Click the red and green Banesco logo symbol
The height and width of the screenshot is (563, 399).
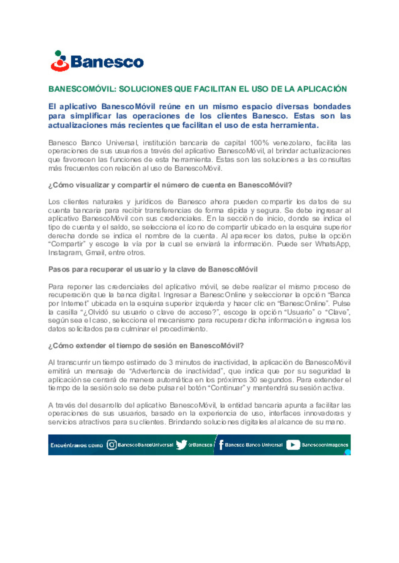click(x=60, y=61)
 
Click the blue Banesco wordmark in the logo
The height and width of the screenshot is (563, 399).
click(x=107, y=62)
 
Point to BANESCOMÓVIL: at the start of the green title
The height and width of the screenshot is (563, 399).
click(x=82, y=89)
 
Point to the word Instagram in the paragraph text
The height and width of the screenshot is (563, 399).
click(x=65, y=253)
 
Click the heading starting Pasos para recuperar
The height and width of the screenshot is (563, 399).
click(x=153, y=270)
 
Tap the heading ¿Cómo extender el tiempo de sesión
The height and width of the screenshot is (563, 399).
click(x=146, y=346)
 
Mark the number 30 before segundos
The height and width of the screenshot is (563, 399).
click(x=253, y=380)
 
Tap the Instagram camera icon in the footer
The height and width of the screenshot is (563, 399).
click(x=112, y=445)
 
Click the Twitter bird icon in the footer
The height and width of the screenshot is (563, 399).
click(x=181, y=445)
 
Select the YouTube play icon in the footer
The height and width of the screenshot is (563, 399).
click(x=293, y=445)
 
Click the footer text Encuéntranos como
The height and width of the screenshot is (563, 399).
click(x=76, y=445)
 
